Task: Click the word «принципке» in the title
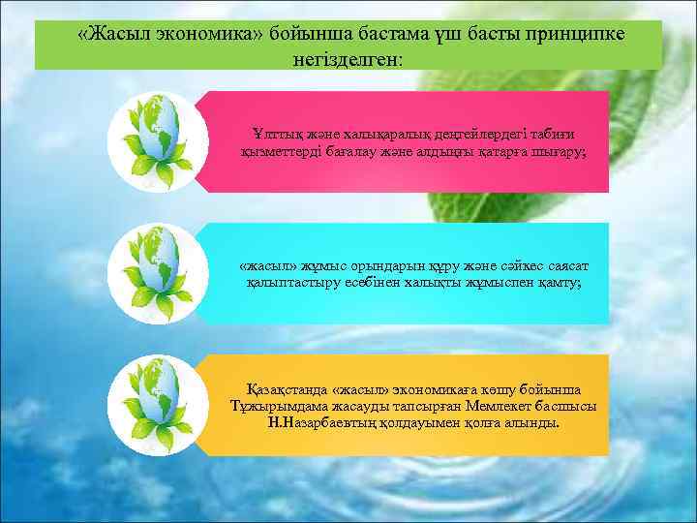click(x=570, y=35)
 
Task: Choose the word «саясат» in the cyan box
click(x=566, y=264)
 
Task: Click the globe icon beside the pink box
click(x=157, y=143)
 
